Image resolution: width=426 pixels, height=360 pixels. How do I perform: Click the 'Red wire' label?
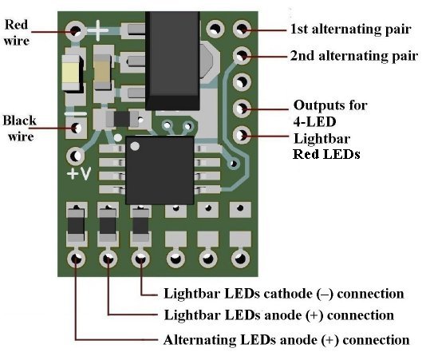coord(17,33)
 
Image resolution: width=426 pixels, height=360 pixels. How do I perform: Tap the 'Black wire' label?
coord(20,129)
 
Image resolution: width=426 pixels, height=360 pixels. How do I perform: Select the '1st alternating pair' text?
coord(351,29)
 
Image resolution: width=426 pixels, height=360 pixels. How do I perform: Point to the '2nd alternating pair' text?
coord(353,56)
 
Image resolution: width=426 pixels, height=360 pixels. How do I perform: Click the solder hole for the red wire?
coord(75,30)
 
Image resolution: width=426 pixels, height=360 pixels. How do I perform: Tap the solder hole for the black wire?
coord(76,127)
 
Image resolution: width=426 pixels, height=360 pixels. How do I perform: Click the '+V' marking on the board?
coord(79,173)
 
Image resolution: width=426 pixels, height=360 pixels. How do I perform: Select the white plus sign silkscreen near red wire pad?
coord(98,30)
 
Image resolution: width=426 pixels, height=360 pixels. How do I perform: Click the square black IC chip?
coord(160,170)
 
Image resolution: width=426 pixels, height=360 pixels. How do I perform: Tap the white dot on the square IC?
coord(135,146)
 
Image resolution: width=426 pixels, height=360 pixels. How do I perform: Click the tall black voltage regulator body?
coord(172,61)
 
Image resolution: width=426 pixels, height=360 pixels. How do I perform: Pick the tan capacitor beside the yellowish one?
coord(103,72)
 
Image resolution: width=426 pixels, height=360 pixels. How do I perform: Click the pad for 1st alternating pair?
coord(242,29)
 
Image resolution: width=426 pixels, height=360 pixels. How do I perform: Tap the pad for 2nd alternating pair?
coord(242,55)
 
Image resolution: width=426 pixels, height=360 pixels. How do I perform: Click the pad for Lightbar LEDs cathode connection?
coord(140,259)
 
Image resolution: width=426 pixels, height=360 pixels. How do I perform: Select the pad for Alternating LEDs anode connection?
coord(76,259)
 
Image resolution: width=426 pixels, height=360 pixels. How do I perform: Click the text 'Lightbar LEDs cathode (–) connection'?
coord(284,294)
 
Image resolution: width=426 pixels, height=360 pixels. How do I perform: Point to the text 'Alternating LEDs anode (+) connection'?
coord(286,340)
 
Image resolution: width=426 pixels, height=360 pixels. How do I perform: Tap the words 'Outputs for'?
coord(330,105)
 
